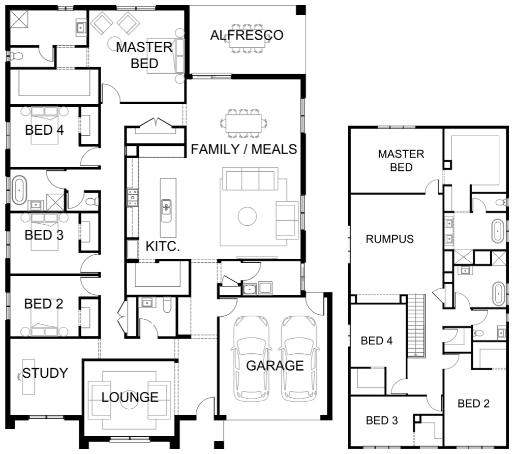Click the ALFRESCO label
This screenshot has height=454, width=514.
point(247,35)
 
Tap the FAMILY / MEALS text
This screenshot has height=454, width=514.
point(244,149)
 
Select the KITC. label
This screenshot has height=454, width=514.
point(163,246)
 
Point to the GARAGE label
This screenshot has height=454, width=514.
point(275,366)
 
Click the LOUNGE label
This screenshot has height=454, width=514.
point(130,397)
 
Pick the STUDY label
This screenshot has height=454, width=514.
point(45,373)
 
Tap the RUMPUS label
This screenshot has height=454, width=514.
point(389,239)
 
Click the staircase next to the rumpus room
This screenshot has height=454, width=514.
point(416,325)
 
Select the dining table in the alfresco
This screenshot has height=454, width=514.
point(247,39)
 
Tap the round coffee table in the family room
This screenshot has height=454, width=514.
point(247,217)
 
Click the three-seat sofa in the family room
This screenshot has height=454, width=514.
point(250,179)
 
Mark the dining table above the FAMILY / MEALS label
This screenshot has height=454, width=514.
point(243,123)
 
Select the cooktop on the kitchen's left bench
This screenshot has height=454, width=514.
point(132,197)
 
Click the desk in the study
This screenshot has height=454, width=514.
point(28,377)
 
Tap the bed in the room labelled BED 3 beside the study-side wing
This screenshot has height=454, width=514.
point(45,232)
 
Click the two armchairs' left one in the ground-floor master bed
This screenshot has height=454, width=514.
point(102,23)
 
